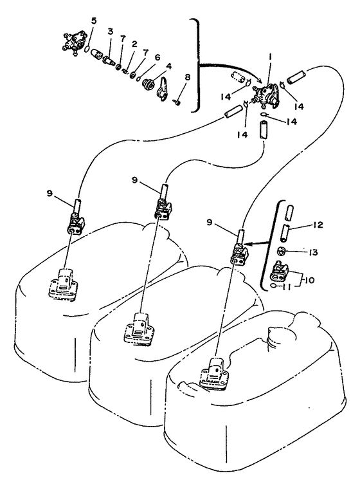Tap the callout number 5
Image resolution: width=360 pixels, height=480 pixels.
93,21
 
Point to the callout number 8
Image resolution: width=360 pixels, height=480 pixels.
188,77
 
